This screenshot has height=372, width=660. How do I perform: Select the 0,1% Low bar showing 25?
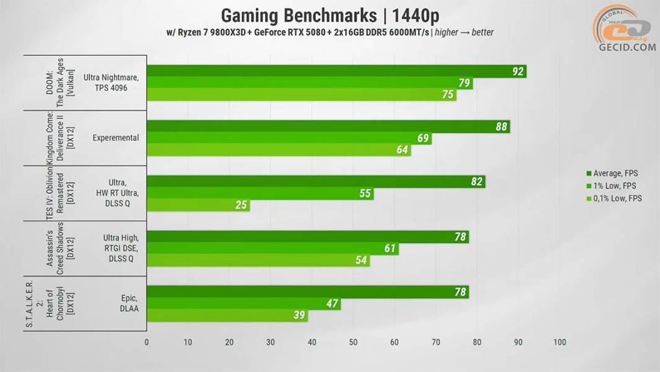(x=198, y=205)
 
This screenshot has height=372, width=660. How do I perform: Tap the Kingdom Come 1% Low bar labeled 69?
(x=289, y=138)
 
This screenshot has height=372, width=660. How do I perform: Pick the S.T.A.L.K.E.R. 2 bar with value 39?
(x=227, y=316)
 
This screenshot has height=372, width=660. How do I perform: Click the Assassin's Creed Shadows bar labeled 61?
(x=272, y=249)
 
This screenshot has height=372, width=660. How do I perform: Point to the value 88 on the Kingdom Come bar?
(x=502, y=126)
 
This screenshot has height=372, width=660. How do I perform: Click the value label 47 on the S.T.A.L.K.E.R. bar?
(x=332, y=304)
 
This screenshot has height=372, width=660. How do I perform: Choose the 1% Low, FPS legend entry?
(x=614, y=185)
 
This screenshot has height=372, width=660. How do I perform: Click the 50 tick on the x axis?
(x=353, y=342)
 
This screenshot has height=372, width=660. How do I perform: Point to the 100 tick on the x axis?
(x=560, y=342)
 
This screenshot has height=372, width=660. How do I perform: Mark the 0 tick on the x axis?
(x=147, y=342)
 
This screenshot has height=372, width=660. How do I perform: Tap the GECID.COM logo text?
(x=627, y=48)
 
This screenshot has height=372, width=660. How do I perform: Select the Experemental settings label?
(x=116, y=138)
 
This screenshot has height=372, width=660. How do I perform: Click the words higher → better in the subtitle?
(x=464, y=32)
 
